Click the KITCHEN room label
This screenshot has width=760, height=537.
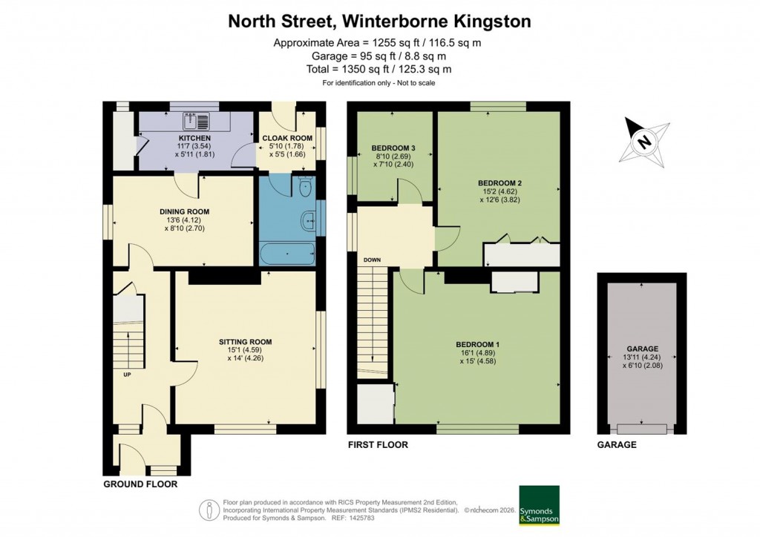(x=194, y=139)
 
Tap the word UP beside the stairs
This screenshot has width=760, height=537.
(x=128, y=374)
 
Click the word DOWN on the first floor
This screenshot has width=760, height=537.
(x=372, y=260)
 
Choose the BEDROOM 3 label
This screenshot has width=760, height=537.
(x=393, y=148)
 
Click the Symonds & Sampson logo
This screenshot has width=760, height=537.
(x=540, y=505)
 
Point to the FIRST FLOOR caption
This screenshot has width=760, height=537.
(x=379, y=445)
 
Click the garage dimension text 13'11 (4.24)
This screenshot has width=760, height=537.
(x=642, y=358)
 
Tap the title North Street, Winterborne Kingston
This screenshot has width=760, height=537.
(x=379, y=22)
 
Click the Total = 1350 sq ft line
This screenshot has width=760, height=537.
(x=379, y=69)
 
